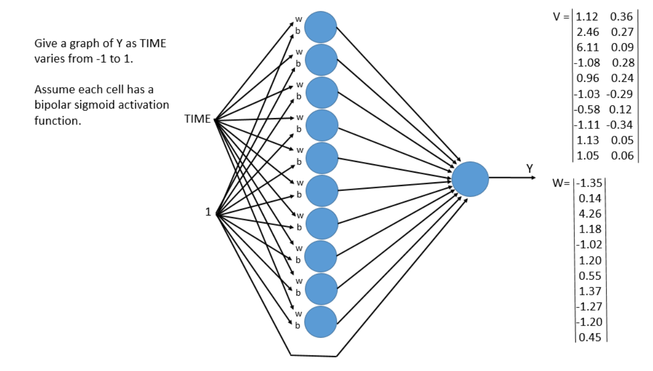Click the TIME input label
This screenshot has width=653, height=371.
pyautogui.click(x=198, y=119)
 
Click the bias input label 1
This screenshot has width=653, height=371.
pyautogui.click(x=208, y=212)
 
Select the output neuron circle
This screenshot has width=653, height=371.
pyautogui.click(x=470, y=179)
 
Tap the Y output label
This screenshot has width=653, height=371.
pyautogui.click(x=529, y=168)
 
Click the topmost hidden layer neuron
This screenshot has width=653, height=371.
pyautogui.click(x=320, y=27)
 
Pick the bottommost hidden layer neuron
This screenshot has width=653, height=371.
pyautogui.click(x=320, y=322)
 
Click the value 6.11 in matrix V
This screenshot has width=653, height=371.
pyautogui.click(x=587, y=47)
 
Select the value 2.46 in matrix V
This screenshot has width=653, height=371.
pyautogui.click(x=587, y=32)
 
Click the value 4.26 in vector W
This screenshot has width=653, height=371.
pyautogui.click(x=590, y=214)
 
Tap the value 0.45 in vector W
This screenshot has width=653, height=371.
pyautogui.click(x=590, y=337)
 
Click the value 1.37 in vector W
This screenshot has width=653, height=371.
pyautogui.click(x=590, y=291)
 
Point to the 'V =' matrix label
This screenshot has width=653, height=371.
pyautogui.click(x=561, y=16)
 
